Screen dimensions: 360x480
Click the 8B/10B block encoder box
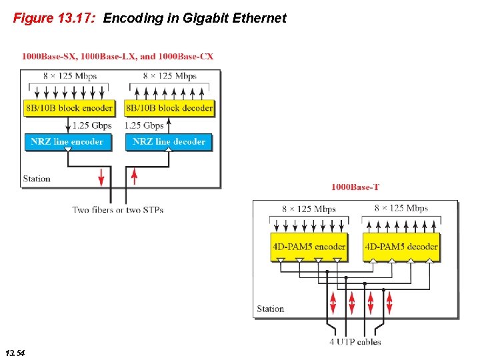click(x=69, y=108)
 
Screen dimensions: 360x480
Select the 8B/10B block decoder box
click(x=169, y=108)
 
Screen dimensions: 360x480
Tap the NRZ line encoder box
click(x=67, y=141)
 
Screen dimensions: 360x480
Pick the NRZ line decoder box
click(x=169, y=141)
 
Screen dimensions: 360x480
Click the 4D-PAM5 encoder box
click(x=309, y=246)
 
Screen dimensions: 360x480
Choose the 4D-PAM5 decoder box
click(x=401, y=246)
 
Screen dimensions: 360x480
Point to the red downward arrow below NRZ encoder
click(x=101, y=177)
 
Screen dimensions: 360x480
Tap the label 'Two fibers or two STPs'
click(x=118, y=210)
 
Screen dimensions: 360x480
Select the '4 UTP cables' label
click(x=355, y=342)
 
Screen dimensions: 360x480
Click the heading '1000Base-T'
click(x=355, y=187)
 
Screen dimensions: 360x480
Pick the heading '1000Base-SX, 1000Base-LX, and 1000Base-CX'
click(x=118, y=57)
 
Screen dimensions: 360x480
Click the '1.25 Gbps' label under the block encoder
click(x=92, y=125)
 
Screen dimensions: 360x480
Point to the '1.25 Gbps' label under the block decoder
click(x=144, y=125)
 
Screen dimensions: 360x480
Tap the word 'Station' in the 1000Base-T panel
click(x=271, y=309)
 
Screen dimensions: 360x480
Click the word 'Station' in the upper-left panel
click(x=37, y=179)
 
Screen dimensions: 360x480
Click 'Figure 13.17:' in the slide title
click(x=55, y=18)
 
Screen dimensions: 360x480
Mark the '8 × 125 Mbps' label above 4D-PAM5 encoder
click(x=309, y=209)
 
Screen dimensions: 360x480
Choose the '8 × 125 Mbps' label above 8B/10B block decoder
click(x=169, y=76)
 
